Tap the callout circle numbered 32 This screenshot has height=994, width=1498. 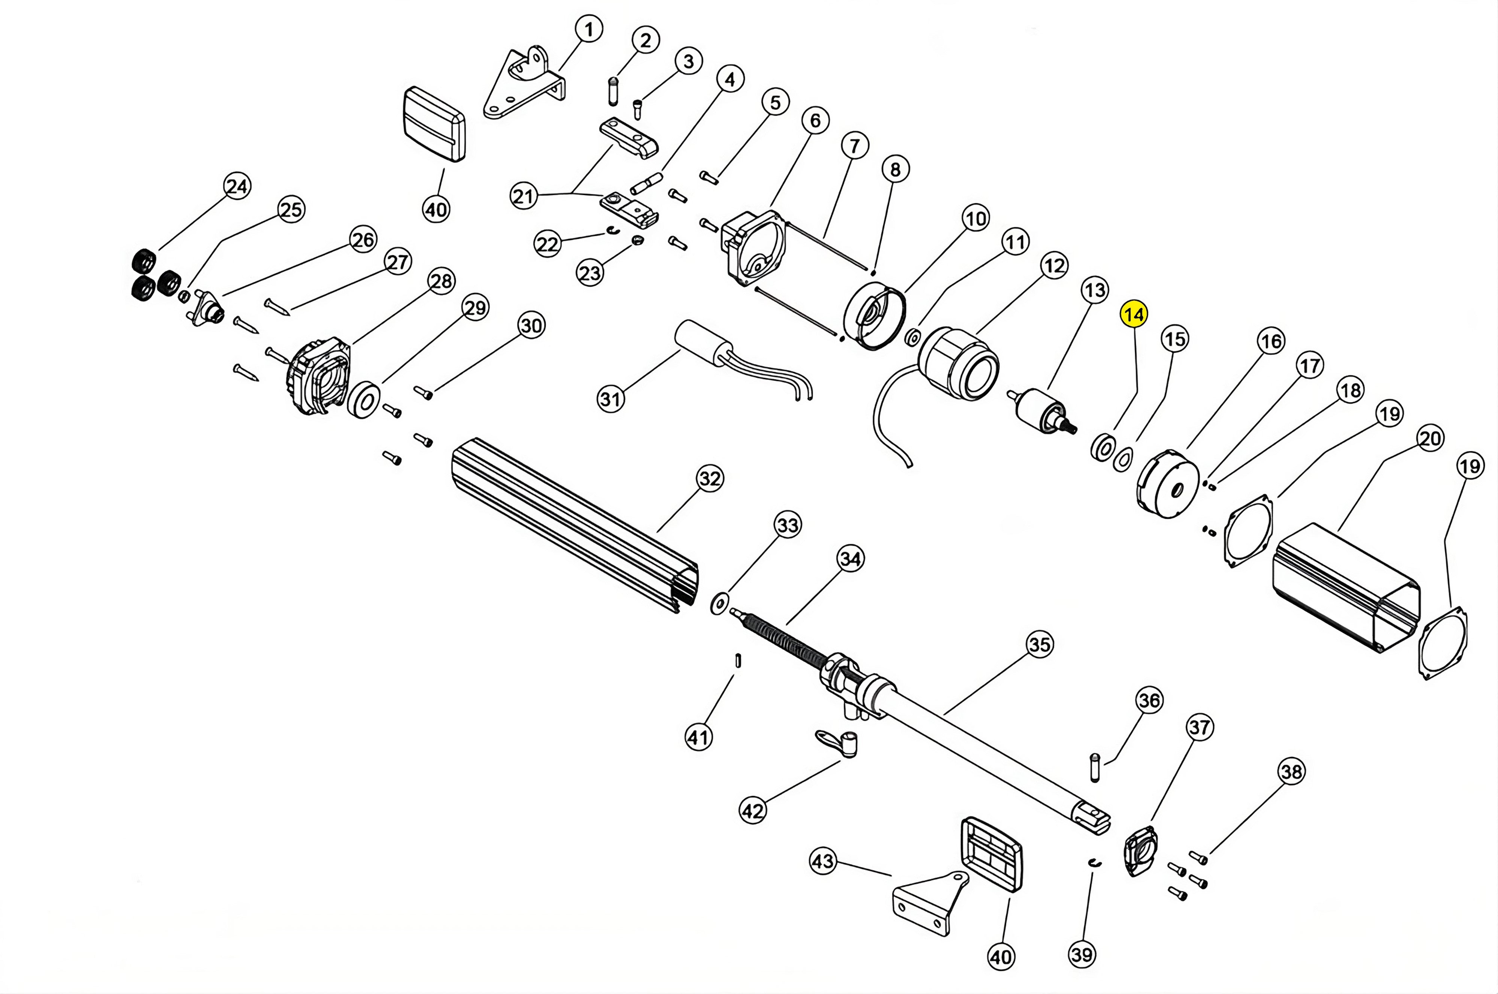pyautogui.click(x=709, y=478)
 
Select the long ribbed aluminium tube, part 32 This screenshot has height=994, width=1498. pyautogui.click(x=571, y=526)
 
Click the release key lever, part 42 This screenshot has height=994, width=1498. pyautogui.click(x=836, y=743)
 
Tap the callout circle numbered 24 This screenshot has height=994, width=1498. pyautogui.click(x=237, y=186)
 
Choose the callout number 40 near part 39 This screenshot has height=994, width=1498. pyautogui.click(x=1001, y=955)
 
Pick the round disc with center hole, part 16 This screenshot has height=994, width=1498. pyautogui.click(x=1168, y=485)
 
